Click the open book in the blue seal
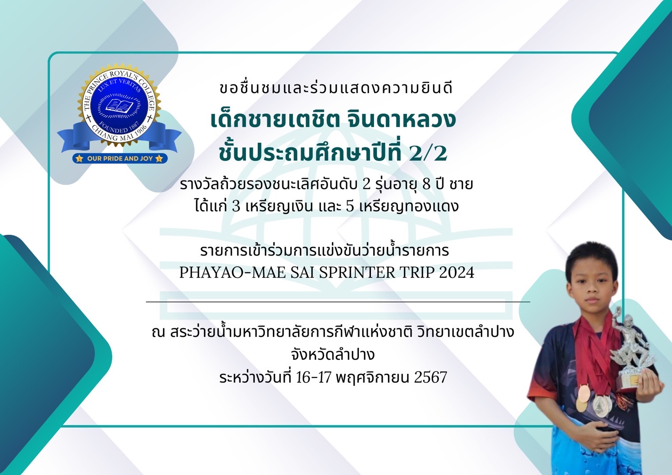coord(120,106)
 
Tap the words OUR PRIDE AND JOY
coord(120,158)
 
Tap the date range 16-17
coord(313,377)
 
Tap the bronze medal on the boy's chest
coord(583,398)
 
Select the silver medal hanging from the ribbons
coord(601,406)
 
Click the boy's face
coord(592,285)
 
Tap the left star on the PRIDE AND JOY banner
coord(79,158)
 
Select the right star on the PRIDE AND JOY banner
coord(159,158)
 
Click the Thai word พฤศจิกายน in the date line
coord(373,377)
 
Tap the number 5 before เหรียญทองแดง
coord(350,206)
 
